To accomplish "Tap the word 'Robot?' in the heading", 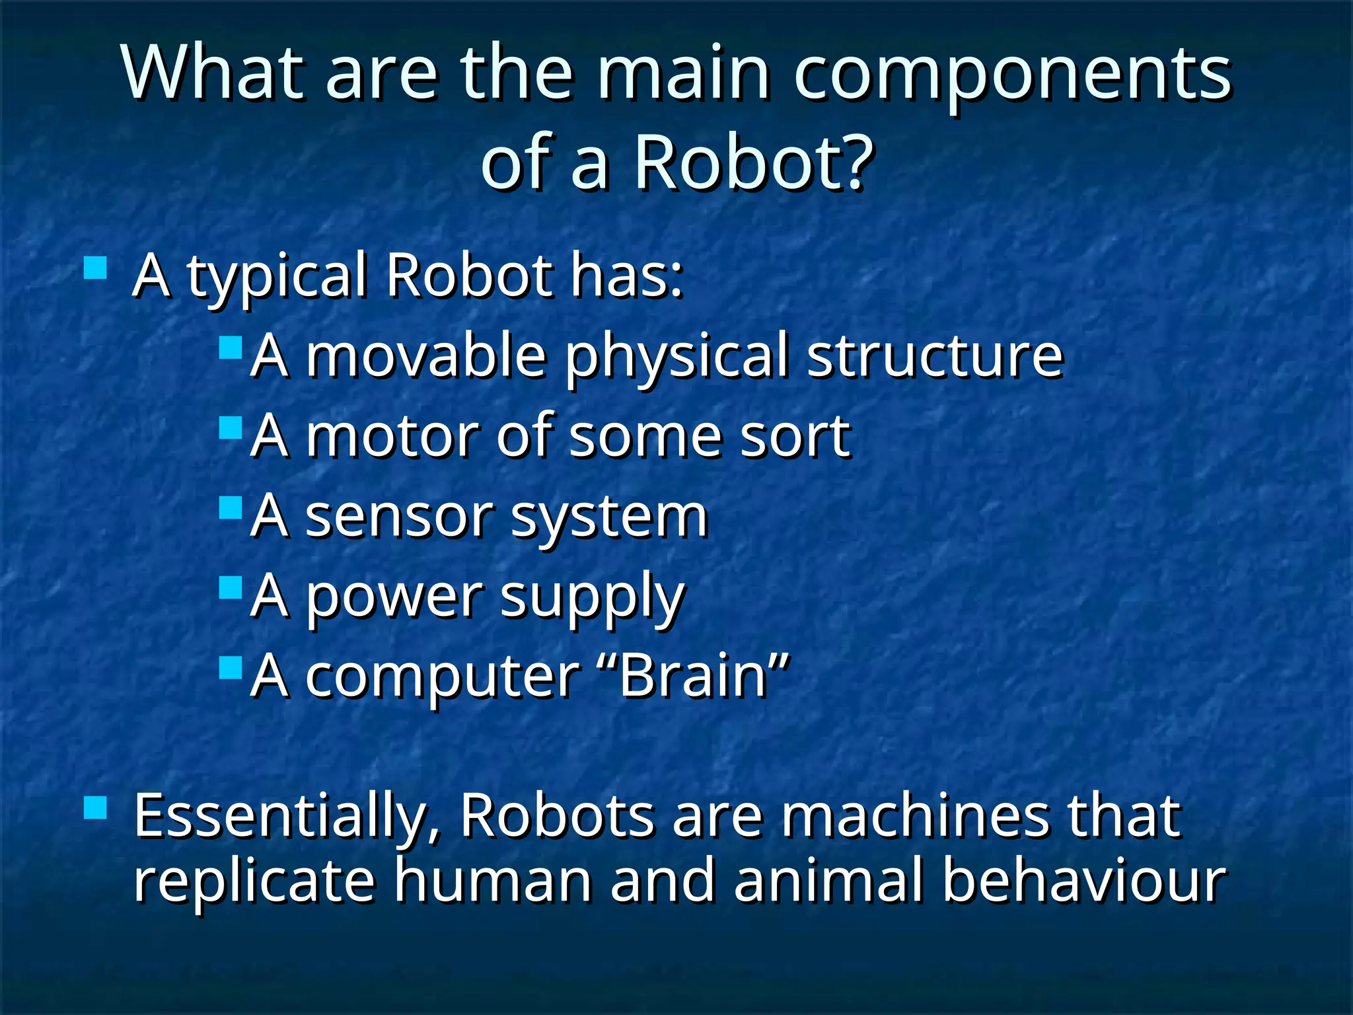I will tap(754, 163).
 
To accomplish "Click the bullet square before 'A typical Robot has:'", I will tap(96, 268).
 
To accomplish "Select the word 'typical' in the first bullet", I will tap(277, 276).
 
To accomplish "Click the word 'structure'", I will tap(934, 357).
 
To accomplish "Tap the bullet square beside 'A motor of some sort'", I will tap(231, 428).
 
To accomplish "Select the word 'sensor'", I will tap(399, 517).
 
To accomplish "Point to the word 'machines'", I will tap(914, 817).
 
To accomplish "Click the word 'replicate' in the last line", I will tap(254, 880).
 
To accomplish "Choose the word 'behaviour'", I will tap(1083, 880).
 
